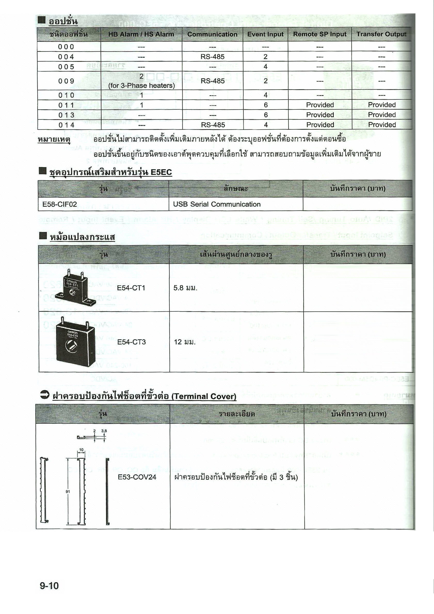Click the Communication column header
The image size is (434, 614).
coord(212,34)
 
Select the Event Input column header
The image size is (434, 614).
coord(265,34)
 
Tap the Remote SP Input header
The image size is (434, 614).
coord(319,34)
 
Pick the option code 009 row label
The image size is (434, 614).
coord(66,81)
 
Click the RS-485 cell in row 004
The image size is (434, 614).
coord(212,57)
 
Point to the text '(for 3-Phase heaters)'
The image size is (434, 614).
coord(141,85)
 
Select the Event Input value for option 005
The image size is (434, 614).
coord(265,67)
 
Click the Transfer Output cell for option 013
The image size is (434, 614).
coord(382,115)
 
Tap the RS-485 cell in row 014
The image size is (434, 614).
coord(213,125)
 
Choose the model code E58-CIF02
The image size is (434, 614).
coord(60,204)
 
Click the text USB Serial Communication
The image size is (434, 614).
coord(217,204)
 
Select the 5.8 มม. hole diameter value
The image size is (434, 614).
coord(185,288)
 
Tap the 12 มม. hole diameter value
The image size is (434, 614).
coord(185,342)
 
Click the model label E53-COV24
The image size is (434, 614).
coord(137,477)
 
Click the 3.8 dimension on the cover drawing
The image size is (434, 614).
coord(104,431)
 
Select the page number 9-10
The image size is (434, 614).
coord(49,586)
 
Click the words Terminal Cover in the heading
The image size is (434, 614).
coord(204,396)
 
